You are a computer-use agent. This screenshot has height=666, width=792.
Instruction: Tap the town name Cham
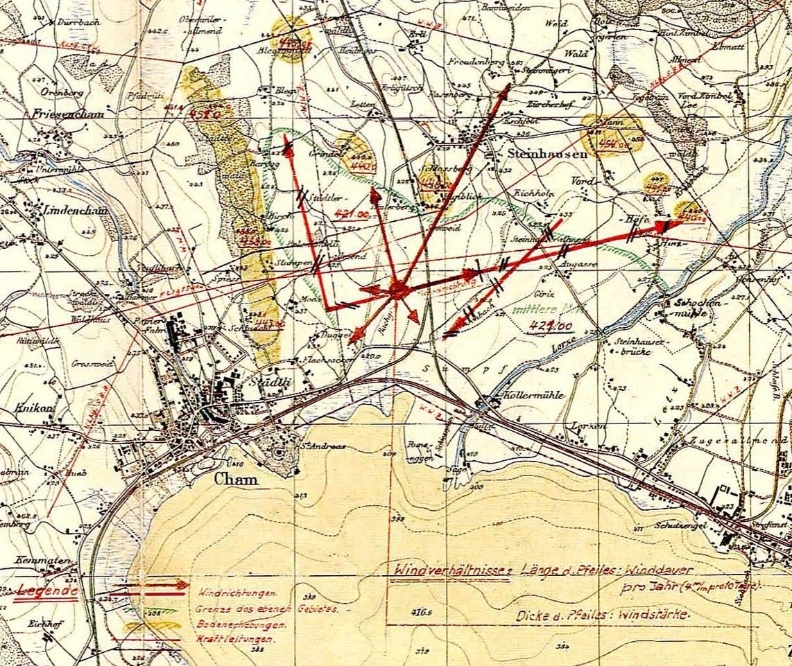pyautogui.click(x=236, y=479)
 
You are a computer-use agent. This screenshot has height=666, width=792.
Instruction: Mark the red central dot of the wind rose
pyautogui.click(x=397, y=289)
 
